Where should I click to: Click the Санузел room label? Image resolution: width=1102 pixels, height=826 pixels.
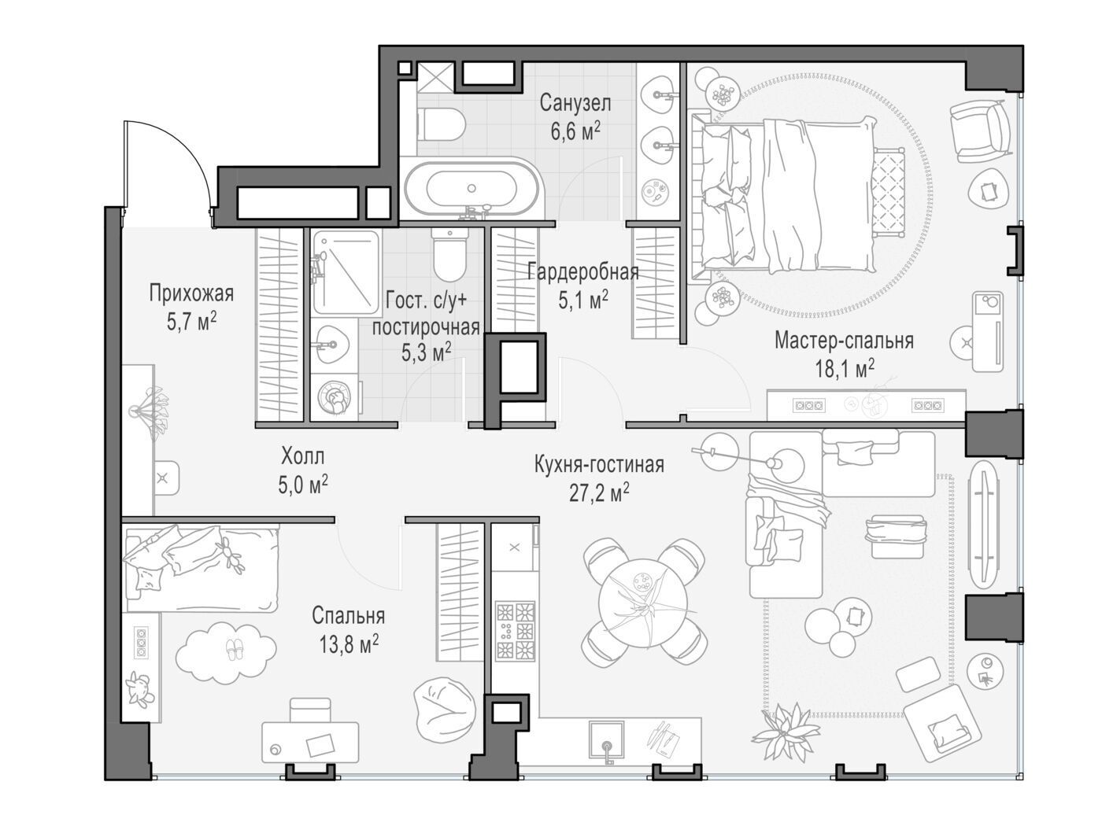(x=575, y=103)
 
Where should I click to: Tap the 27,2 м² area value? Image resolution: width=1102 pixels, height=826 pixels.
(x=599, y=493)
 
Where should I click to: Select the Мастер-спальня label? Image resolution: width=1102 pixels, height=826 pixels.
(x=844, y=341)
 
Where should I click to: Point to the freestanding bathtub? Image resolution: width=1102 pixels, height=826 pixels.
(x=471, y=189)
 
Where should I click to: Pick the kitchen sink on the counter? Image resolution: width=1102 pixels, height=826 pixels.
(x=606, y=739)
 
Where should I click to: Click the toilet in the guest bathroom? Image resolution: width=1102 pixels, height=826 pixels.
(x=449, y=254)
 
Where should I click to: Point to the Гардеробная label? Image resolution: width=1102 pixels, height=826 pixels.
(x=583, y=272)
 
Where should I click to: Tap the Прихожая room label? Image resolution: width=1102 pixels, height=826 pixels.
(x=191, y=293)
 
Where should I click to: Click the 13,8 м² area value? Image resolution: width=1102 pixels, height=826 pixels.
(x=349, y=644)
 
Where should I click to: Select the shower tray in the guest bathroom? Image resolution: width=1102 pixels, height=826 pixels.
(x=346, y=272)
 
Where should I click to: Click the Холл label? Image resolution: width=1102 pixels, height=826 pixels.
(x=302, y=456)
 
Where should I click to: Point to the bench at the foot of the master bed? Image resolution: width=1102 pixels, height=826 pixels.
(x=889, y=192)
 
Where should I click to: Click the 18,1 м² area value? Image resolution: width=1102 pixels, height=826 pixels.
(x=845, y=369)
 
